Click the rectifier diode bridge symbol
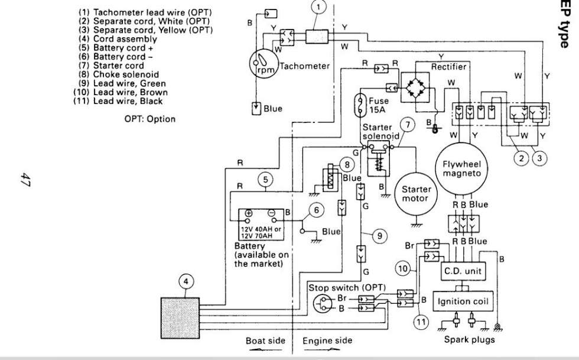point(415,87)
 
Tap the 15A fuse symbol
point(360,105)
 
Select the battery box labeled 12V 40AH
point(261,225)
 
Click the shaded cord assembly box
point(180,318)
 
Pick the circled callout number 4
point(186,281)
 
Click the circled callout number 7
point(408,125)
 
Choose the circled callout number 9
point(380,235)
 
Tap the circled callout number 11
point(421,322)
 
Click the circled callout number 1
point(318,7)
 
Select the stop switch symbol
point(323,304)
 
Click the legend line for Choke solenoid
point(119,74)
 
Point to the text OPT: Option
point(150,119)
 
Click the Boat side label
point(265,340)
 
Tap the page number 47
point(24,180)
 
